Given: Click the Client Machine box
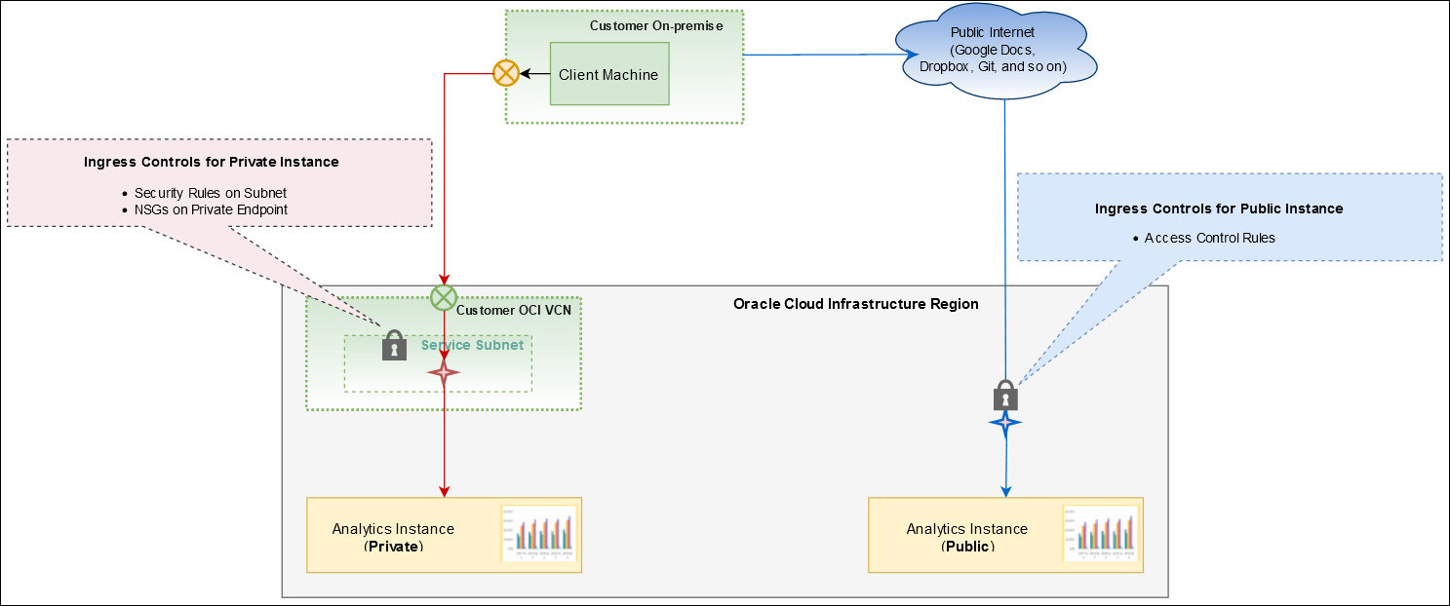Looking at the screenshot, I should tap(608, 74).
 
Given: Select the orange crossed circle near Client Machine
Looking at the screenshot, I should tap(505, 73).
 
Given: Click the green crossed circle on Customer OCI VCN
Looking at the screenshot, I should tap(444, 297).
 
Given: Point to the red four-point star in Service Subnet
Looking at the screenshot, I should tap(444, 372).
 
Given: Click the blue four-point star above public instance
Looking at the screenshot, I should tap(1004, 423).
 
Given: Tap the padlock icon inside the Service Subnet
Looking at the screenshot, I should tap(394, 345).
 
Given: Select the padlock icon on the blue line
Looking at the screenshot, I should tap(1005, 395).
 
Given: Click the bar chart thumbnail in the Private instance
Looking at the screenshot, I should tap(538, 533).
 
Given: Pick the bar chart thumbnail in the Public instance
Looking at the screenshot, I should tap(1100, 533).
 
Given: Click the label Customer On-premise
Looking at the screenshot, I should tap(655, 25).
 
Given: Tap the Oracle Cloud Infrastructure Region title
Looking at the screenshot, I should tap(855, 304).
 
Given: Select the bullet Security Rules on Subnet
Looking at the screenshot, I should tap(210, 193).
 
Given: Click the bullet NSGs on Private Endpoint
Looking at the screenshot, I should tap(211, 208).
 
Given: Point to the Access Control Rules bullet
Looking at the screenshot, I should tap(1209, 238).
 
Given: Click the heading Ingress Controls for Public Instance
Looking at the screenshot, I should tap(1218, 208).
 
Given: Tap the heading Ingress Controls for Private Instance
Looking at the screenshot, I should tap(211, 162).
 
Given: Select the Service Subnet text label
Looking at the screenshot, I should tap(472, 345).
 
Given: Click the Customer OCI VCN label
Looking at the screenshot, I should tap(513, 310).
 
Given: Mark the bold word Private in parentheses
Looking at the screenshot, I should tap(394, 547).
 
